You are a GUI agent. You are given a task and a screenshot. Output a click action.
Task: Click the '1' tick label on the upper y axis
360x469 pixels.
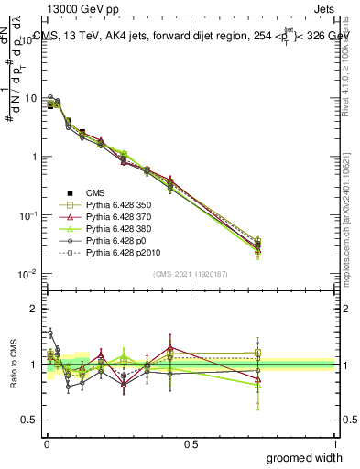click(32, 156)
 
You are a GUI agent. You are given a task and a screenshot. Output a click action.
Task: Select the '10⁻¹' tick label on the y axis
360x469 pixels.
click(27, 214)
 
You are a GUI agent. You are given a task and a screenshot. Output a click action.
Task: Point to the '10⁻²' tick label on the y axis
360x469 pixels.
click(27, 273)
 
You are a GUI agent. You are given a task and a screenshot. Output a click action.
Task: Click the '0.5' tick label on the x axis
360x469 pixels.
click(191, 444)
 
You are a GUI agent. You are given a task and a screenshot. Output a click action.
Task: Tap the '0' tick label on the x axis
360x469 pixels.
click(47, 444)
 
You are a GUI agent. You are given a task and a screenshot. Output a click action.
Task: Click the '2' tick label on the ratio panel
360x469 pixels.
click(32, 309)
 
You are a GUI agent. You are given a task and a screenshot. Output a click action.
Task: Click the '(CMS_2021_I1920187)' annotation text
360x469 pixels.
click(191, 274)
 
